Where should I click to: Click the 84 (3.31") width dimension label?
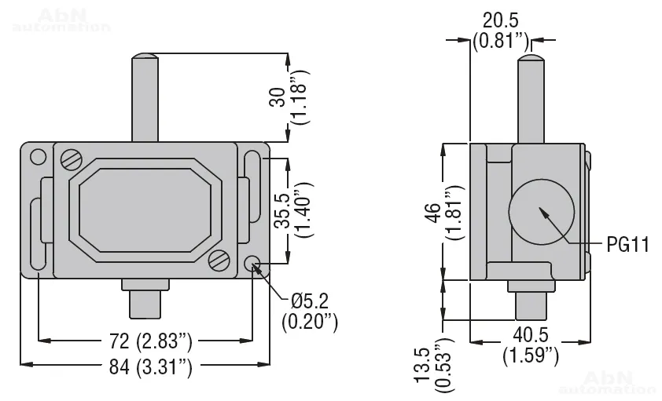tap(146, 365)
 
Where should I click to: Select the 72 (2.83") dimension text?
tap(146, 341)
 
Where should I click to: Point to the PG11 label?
tap(627, 246)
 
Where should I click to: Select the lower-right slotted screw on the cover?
tap(220, 260)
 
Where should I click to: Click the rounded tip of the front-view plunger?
tap(145, 57)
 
